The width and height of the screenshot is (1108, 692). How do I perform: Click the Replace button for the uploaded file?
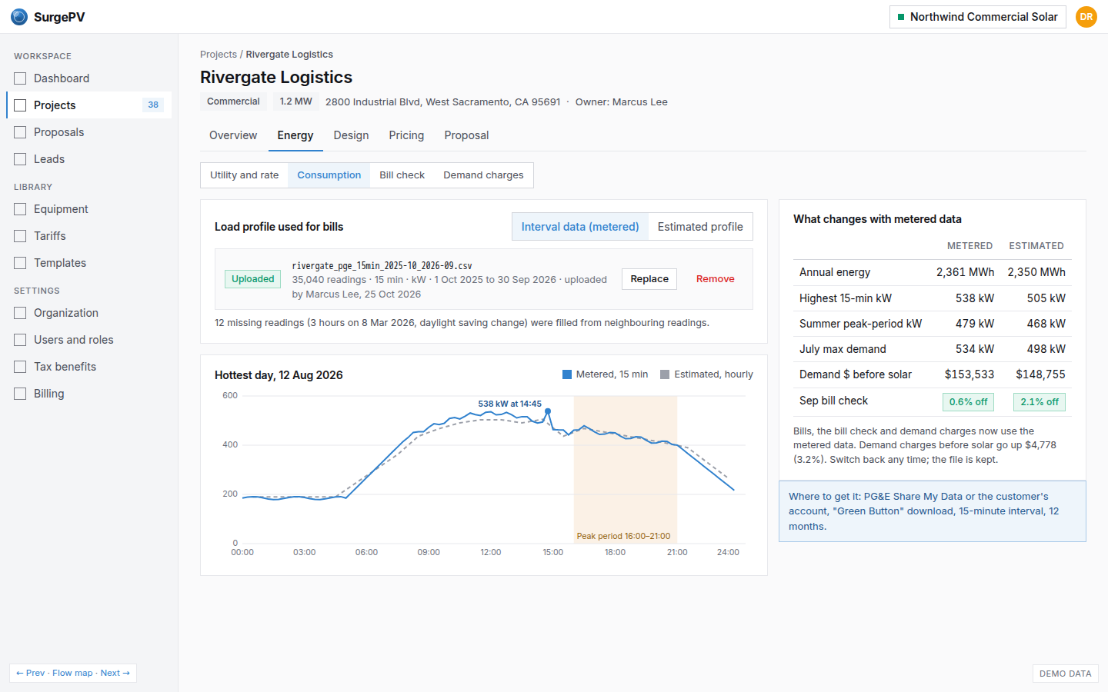(649, 279)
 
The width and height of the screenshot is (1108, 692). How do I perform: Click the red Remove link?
(715, 279)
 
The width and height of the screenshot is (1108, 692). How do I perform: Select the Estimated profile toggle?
(700, 226)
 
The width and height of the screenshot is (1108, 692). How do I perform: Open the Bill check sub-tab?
(402, 175)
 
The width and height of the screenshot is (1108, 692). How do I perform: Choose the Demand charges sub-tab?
(482, 175)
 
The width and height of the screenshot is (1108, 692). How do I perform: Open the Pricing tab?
(406, 135)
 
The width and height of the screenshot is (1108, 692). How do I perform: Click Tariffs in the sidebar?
(49, 236)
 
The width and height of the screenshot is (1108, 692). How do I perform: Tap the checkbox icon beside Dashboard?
(20, 78)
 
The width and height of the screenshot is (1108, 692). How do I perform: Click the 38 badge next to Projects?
(153, 105)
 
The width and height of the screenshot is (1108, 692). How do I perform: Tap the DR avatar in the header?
(1086, 17)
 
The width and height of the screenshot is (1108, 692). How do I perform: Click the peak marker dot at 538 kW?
(548, 411)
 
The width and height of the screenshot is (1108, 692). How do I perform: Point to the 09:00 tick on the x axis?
(429, 552)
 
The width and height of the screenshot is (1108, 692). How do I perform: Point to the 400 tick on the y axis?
(230, 444)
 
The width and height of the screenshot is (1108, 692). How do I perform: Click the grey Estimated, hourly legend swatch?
(665, 374)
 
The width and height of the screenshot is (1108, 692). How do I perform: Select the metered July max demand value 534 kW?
(974, 349)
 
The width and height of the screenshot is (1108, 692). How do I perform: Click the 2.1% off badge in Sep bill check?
(1040, 402)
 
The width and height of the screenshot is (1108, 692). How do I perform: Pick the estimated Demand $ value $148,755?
(1040, 374)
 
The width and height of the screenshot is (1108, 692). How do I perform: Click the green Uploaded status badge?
(252, 279)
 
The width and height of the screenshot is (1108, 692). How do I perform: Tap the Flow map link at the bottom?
(72, 673)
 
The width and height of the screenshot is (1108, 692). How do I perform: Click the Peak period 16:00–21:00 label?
(623, 536)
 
